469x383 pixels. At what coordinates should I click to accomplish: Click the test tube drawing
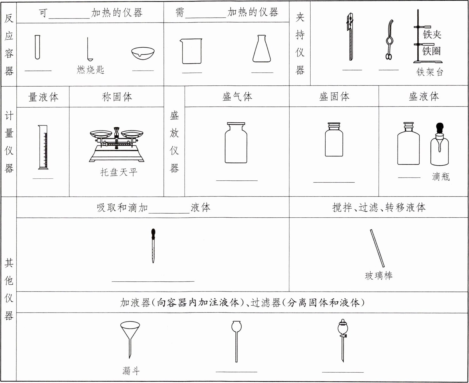37,47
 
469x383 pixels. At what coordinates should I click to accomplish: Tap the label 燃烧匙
90,70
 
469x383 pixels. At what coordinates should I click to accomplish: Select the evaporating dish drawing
143,53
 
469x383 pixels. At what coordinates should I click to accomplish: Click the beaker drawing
191,51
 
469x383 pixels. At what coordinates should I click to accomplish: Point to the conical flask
262,49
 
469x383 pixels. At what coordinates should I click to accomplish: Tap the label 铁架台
429,72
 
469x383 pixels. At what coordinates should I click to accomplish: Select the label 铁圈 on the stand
432,51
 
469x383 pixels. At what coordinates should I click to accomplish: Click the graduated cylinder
43,147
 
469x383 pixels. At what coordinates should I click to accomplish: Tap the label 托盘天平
119,172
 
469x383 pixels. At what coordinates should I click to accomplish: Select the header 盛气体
237,96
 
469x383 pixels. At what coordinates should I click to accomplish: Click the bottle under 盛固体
334,140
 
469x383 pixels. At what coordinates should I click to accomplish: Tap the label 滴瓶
441,176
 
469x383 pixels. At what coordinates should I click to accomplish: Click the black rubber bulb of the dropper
153,233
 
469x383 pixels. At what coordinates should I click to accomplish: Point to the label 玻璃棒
379,276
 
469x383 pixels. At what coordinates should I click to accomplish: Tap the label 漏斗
131,370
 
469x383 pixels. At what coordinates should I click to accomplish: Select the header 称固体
117,97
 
